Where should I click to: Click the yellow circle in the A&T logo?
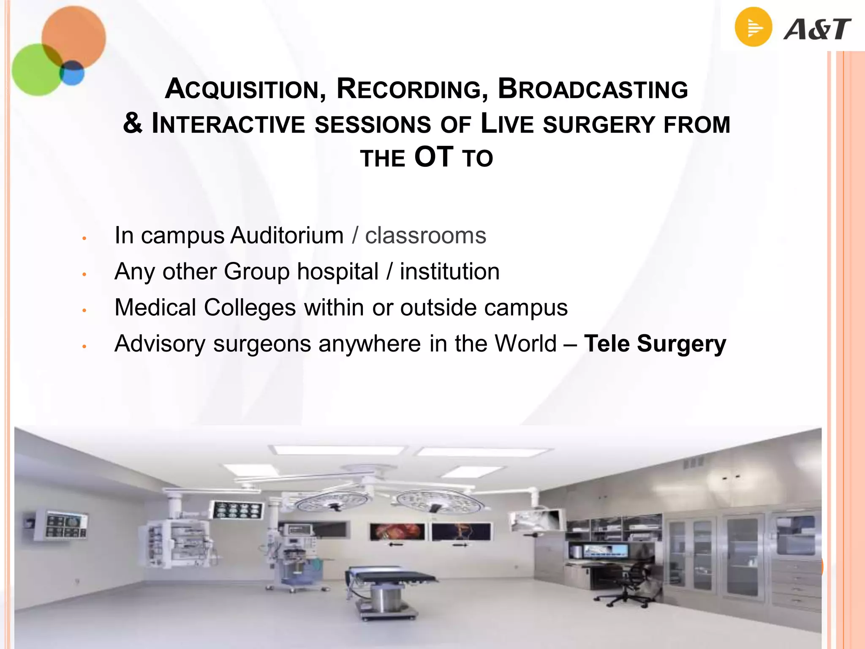tap(753, 27)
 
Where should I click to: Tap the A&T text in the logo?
tap(817, 30)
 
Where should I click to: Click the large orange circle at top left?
tap(74, 37)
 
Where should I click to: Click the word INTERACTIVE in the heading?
tap(228, 124)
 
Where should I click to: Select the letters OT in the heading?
tap(434, 158)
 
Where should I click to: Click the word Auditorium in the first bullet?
tap(287, 235)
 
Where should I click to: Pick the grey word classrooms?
tap(425, 235)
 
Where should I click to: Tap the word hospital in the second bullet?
tap(337, 271)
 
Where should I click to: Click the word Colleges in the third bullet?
tap(250, 307)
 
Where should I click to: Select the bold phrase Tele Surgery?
tap(655, 343)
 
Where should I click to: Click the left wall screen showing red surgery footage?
tap(397, 532)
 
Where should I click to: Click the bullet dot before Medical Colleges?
tap(84, 311)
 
